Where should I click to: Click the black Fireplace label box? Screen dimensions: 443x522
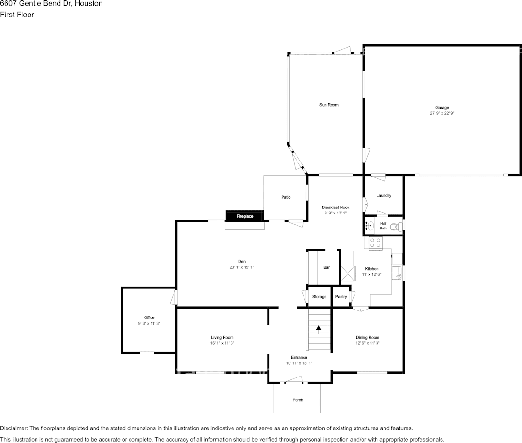pos(245,216)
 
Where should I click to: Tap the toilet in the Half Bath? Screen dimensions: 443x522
pos(395,227)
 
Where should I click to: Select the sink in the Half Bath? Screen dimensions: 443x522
pos(370,226)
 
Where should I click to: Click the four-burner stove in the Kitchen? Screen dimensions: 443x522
pos(375,243)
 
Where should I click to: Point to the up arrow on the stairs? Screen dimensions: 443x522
pos(319,329)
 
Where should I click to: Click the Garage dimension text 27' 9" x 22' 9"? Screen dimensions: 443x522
pos(442,113)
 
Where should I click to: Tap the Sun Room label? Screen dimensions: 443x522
pos(329,105)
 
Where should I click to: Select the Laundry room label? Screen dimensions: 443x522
pos(384,195)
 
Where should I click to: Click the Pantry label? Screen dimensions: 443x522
pos(341,297)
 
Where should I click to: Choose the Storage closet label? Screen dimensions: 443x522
pos(319,297)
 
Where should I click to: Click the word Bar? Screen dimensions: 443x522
pos(326,267)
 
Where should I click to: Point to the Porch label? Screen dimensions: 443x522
pos(297,400)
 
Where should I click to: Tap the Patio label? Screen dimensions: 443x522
pos(286,197)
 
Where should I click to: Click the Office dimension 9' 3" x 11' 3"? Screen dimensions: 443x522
pos(149,324)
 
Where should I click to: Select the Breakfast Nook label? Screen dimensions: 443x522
pos(335,207)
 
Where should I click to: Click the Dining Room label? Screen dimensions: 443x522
pos(367,337)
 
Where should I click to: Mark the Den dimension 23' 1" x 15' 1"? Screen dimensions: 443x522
pos(241,267)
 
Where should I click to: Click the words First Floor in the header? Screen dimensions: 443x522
pos(17,15)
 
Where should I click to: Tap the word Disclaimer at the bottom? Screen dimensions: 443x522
pos(14,428)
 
